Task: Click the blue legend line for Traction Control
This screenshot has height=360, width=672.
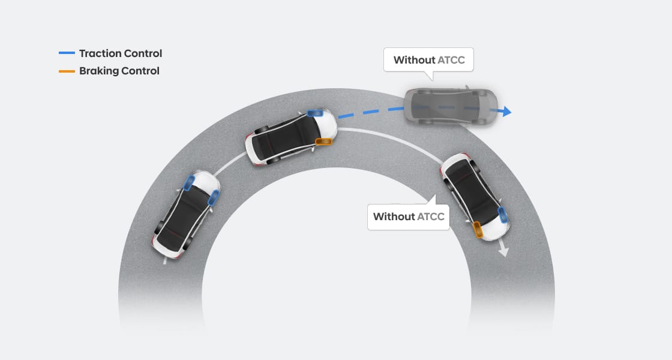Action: point(67,53)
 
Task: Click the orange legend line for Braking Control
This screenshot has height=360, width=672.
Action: point(67,71)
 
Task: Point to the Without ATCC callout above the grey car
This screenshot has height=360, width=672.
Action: point(428,60)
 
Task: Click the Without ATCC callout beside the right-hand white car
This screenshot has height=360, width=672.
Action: point(409,216)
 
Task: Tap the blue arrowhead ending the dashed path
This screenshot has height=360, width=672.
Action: point(506,111)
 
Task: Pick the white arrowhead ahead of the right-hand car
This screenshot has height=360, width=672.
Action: point(503,251)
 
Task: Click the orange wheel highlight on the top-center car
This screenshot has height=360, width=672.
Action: point(323,142)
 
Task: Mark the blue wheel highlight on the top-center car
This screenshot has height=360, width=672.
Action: point(314,113)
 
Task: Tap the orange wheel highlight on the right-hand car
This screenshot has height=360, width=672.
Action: point(478,229)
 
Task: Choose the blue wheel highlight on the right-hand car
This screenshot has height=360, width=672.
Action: point(503,213)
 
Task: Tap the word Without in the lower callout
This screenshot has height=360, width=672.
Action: point(394,216)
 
